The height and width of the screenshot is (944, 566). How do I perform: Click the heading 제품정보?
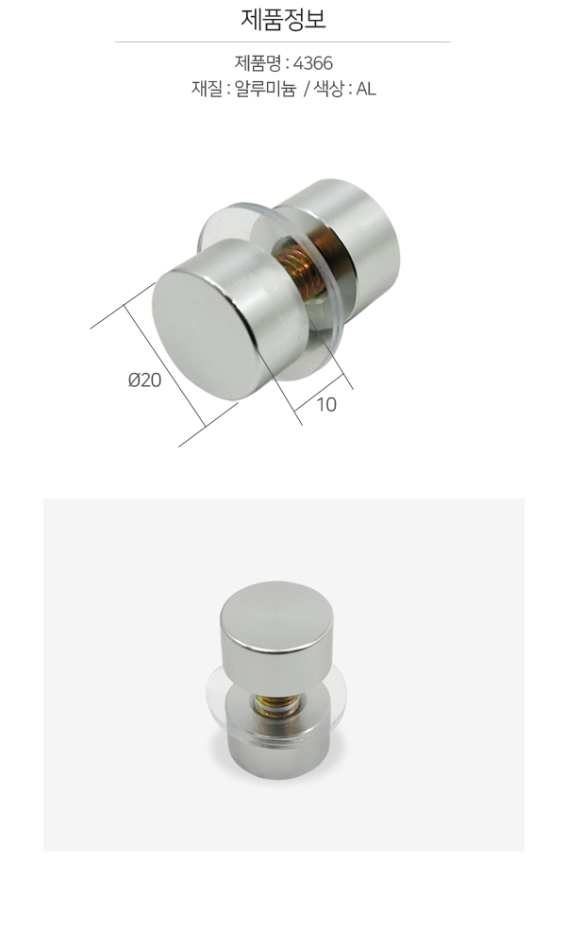283,19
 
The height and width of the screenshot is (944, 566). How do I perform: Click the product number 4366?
313,63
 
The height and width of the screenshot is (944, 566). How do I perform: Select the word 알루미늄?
265,89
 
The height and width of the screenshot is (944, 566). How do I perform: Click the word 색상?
329,89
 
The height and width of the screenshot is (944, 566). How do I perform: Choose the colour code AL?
366,89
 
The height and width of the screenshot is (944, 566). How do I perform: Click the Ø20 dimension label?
144,379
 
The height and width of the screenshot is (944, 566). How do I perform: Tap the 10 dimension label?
326,405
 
